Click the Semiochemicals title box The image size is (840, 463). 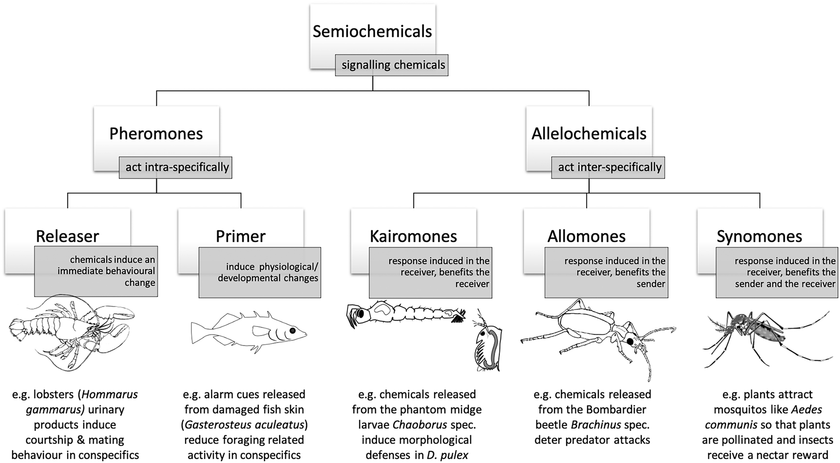pos(372,32)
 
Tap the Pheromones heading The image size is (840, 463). pos(156,134)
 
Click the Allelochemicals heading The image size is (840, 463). pos(589,134)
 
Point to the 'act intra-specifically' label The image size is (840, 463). pos(177,167)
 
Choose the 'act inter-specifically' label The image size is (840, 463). pos(610,167)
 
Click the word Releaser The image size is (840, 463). pos(67,236)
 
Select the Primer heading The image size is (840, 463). pos(240,236)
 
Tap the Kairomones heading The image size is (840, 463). pos(413,236)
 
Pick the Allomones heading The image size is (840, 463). pos(586,236)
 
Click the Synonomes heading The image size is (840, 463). pos(759,236)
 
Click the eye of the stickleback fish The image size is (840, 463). pos(292,330)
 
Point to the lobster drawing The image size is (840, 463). pos(71,331)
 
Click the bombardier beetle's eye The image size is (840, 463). pos(630,342)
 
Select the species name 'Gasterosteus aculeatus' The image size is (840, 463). pos(245,424)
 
